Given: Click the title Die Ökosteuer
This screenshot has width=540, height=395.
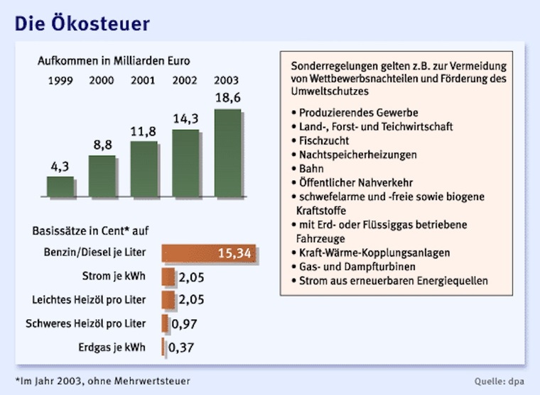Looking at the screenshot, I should (82, 23).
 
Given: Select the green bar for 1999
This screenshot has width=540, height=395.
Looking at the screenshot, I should (60, 187).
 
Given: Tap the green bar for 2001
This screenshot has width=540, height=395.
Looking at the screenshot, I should (144, 169).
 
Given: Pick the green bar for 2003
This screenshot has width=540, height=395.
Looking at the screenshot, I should (227, 153).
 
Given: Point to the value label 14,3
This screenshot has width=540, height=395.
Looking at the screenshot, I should (185, 119).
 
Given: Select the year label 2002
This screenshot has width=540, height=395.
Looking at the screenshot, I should (185, 80).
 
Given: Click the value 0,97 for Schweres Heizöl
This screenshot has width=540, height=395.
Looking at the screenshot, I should (183, 324).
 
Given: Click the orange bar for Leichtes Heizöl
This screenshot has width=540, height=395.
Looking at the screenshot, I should (168, 300).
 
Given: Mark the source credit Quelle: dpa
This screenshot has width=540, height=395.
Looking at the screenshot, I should (500, 380).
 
